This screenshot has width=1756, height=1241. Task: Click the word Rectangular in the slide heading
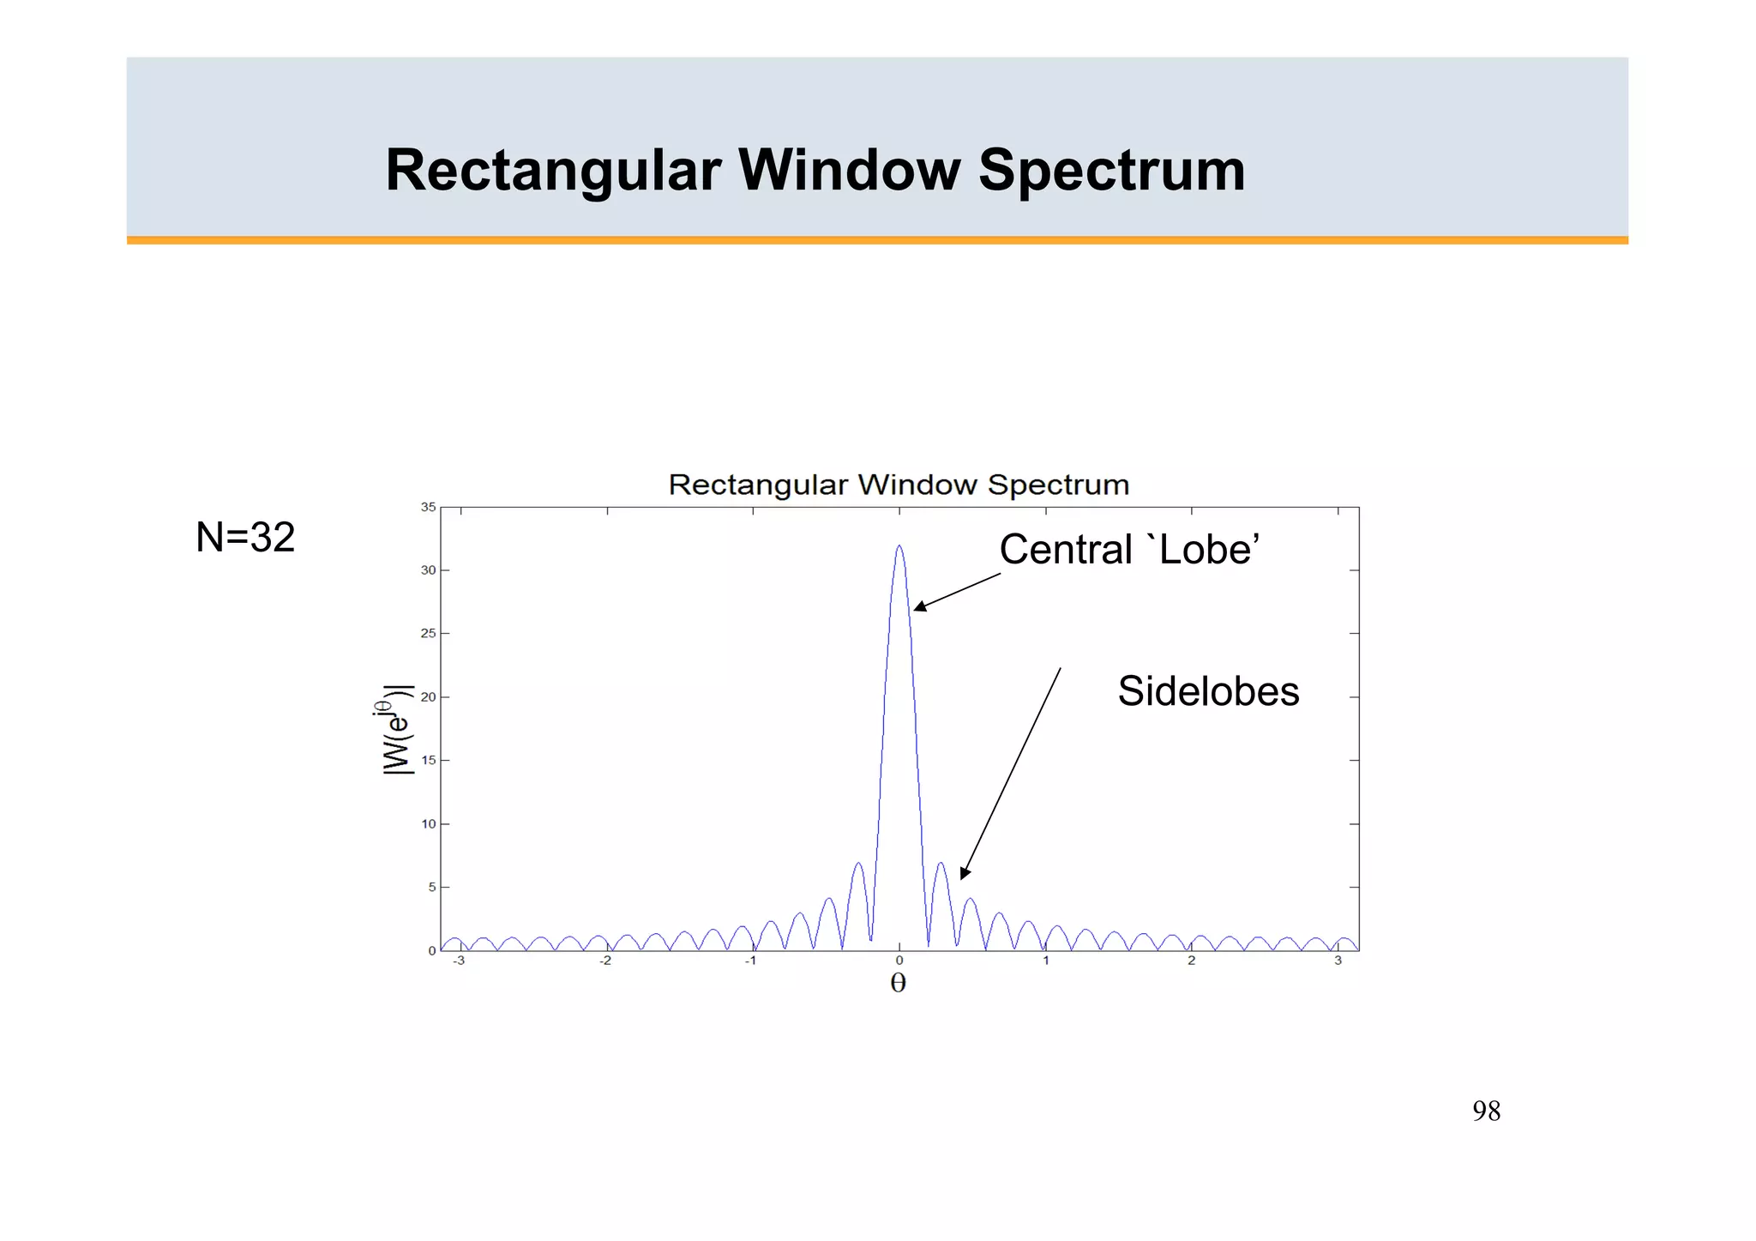554,170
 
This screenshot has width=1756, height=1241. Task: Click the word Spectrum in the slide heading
1111,170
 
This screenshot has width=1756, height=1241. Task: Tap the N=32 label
245,538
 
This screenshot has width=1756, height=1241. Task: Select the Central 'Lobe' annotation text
1128,550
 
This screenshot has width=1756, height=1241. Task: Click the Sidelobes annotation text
1207,691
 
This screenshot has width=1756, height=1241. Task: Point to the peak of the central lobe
899,546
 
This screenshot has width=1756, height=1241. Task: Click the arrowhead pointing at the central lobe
919,607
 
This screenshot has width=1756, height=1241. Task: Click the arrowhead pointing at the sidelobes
965,873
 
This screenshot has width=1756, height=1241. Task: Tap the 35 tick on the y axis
428,508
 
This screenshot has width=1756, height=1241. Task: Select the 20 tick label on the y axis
428,697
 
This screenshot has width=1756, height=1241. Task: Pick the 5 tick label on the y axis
431,888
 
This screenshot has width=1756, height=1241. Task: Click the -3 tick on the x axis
460,961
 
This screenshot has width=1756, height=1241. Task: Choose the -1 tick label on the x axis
750,961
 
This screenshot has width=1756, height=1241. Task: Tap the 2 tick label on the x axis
1191,961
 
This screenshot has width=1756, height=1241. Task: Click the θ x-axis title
898,983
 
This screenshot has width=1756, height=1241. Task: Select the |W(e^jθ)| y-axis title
396,731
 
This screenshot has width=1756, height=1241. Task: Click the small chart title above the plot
898,485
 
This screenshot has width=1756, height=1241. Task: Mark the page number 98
1486,1111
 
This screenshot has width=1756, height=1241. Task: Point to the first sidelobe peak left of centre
857,864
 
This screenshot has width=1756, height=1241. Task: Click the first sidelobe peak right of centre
940,864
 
